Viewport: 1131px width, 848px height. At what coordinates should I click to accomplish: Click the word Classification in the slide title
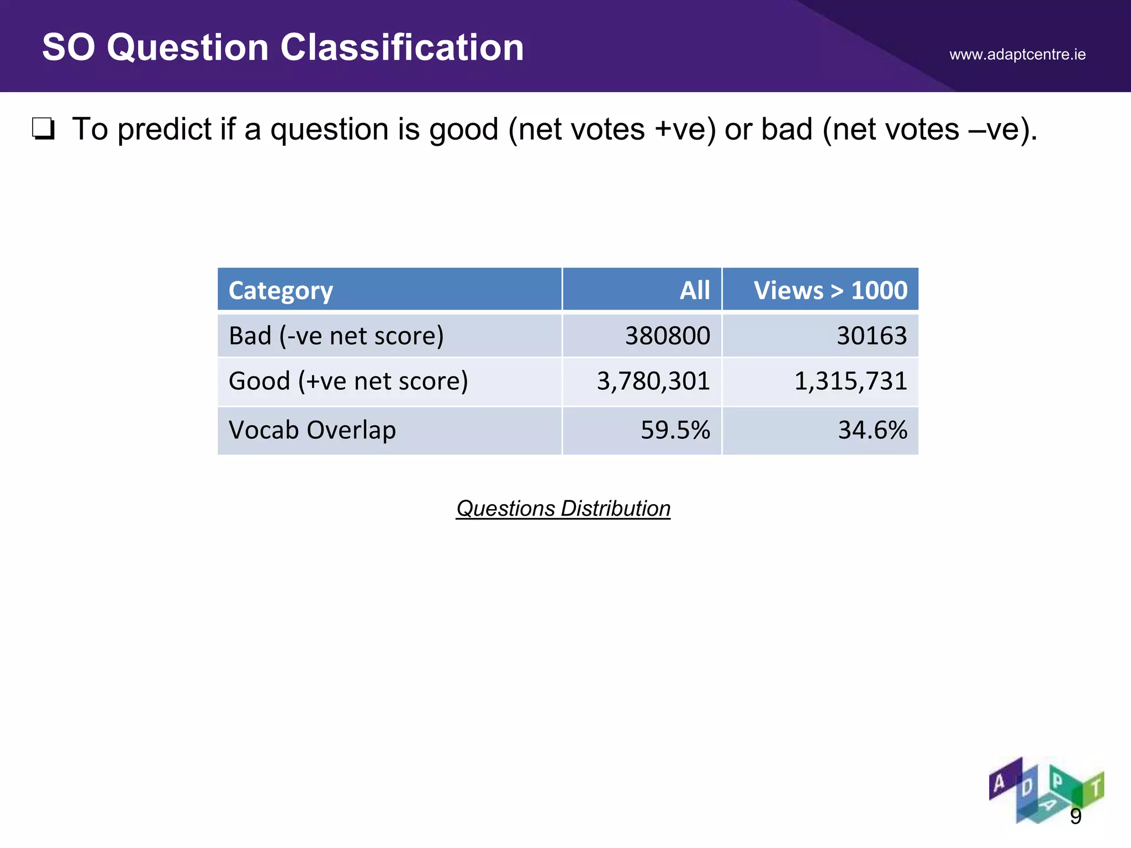coord(402,47)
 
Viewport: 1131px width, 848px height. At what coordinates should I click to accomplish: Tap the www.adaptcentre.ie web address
coord(1017,55)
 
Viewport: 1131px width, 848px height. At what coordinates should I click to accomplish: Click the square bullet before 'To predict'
coord(43,129)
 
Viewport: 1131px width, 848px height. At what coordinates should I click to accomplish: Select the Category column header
coord(281,290)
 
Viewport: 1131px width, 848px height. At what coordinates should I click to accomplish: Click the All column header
coord(694,290)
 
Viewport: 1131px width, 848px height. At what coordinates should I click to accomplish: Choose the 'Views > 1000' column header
coord(830,290)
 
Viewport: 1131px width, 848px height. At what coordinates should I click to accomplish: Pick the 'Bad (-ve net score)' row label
coord(336,336)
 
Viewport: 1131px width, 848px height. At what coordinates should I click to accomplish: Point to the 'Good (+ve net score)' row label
coord(348,381)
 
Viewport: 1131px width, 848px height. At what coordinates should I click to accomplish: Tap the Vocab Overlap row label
coord(312,430)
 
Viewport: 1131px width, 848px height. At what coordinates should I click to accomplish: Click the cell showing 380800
coord(667,336)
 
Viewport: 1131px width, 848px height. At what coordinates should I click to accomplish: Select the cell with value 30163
coord(871,336)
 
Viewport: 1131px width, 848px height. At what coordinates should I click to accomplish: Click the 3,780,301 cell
coord(653,381)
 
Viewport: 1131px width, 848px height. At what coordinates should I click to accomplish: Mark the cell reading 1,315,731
coord(850,381)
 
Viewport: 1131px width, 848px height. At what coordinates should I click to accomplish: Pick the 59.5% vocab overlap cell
coord(675,430)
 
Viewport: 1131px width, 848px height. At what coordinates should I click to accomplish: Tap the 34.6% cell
coord(873,430)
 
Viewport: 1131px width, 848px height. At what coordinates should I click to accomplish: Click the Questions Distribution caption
coord(563,508)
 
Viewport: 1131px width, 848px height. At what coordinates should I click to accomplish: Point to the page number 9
coord(1075,816)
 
